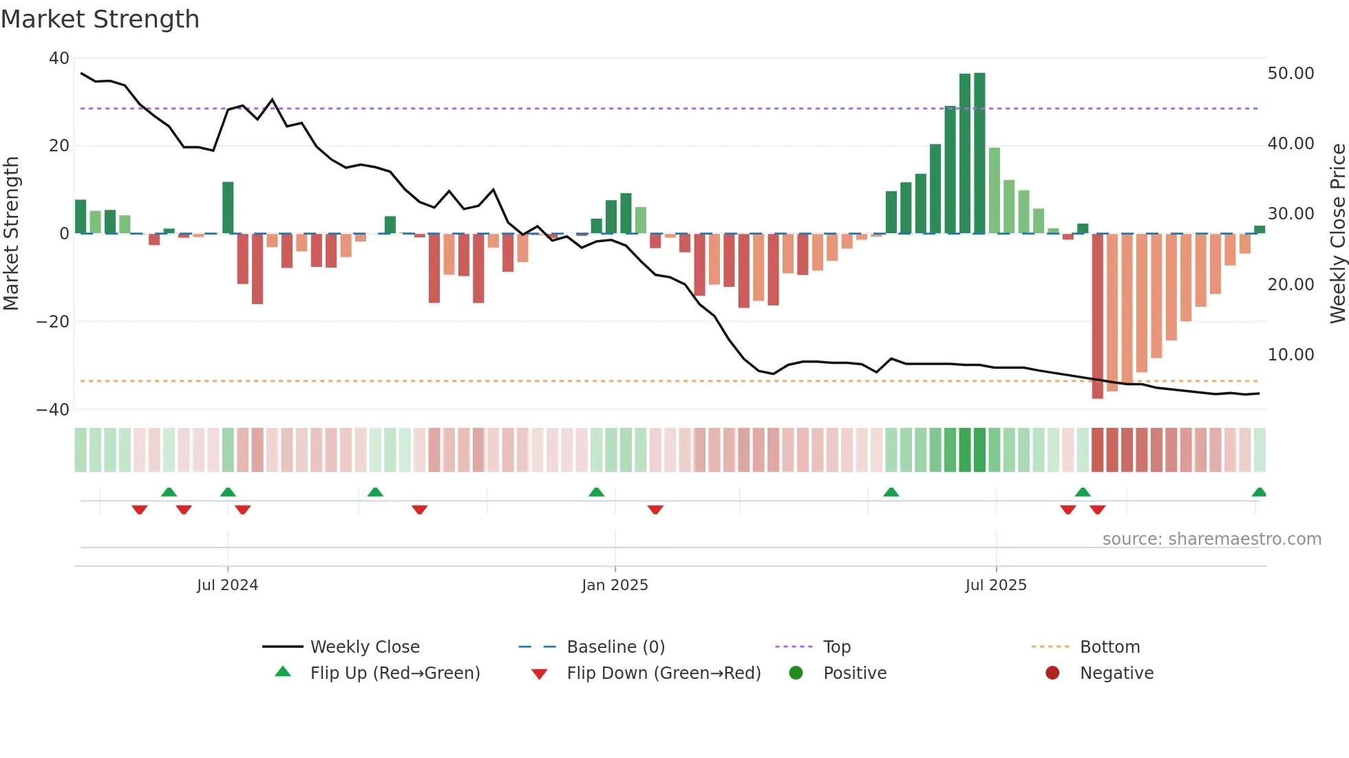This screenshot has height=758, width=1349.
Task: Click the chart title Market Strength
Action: tap(100, 19)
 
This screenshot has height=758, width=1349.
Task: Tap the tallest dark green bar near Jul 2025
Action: tap(979, 153)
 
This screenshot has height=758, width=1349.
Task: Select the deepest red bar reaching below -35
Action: tap(1097, 316)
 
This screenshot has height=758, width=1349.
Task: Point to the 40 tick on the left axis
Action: tap(59, 58)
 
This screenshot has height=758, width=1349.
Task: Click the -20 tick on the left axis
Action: tap(53, 322)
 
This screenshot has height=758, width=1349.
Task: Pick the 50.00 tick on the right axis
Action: tap(1290, 74)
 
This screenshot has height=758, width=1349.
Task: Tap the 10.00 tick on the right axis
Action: tap(1290, 355)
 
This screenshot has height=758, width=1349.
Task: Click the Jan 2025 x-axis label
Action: tap(615, 585)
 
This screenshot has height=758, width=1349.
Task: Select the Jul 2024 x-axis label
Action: tap(227, 585)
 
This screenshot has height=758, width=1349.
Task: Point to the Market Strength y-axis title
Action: tap(11, 234)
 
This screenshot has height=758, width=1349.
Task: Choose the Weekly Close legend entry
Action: tap(364, 647)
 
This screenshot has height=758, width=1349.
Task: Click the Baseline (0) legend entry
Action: tap(615, 647)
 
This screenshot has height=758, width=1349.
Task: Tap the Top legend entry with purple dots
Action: tap(836, 647)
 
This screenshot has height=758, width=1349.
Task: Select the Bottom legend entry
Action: tap(1109, 647)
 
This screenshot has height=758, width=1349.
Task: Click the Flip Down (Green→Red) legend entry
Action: tap(663, 673)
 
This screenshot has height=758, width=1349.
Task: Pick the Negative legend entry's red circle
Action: tap(1052, 673)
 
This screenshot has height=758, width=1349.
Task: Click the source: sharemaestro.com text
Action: tap(1211, 539)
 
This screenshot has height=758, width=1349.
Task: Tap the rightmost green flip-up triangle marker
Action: tap(1259, 492)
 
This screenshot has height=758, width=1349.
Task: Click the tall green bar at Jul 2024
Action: tap(228, 208)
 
